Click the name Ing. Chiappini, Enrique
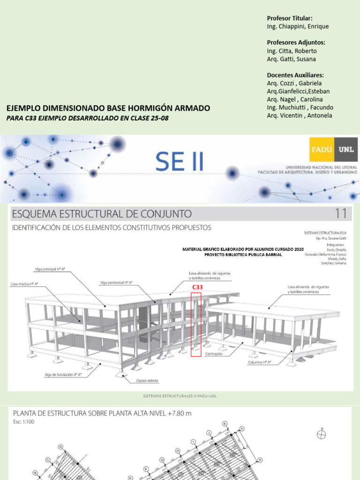[298, 26]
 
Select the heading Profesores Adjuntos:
[296, 42]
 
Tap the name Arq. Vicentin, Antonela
[299, 116]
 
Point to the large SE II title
[180, 162]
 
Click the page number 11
[341, 214]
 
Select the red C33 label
[196, 287]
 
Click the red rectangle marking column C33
[196, 324]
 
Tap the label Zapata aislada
[143, 381]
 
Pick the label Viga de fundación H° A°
[64, 375]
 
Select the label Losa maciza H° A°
[24, 284]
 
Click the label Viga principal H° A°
[50, 270]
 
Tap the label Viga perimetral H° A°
[116, 283]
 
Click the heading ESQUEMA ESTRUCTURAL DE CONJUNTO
[102, 214]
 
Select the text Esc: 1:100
[23, 421]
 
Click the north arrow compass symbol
[322, 435]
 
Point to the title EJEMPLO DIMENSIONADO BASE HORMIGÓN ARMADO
[108, 108]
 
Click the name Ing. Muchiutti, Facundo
[300, 107]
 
